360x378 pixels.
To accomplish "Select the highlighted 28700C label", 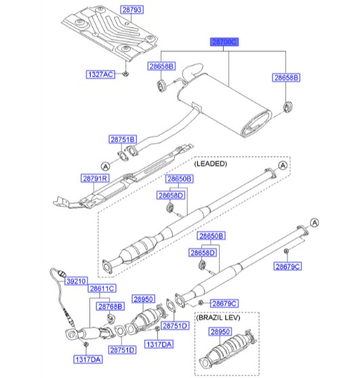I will coord(224,41).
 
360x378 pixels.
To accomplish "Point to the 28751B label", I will coord(123,139).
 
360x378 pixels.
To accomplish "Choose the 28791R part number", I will coord(96,178).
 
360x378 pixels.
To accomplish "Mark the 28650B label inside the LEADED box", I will coord(180,178).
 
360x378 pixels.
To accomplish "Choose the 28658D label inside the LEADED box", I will coord(172,195).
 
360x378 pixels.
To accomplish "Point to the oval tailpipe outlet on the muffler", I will coord(258,124).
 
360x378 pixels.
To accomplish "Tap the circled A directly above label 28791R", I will coord(105,165).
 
